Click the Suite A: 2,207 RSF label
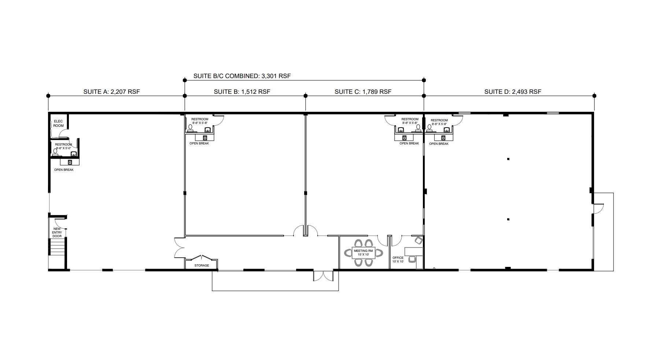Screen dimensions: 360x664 pos(111,92)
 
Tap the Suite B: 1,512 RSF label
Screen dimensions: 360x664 pos(242,92)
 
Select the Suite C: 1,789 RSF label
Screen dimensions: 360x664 pos(363,92)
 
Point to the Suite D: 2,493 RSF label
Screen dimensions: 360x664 pos(513,92)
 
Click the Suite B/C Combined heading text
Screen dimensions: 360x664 pos(242,76)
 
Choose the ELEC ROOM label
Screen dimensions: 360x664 pos(58,124)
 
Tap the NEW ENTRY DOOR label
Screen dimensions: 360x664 pos(57,232)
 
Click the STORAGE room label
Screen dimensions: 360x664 pos(202,265)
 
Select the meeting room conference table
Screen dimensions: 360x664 pos(363,253)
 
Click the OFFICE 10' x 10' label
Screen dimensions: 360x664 pos(398,260)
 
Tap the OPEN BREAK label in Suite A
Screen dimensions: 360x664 pos(64,170)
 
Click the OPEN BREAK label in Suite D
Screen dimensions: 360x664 pos(439,144)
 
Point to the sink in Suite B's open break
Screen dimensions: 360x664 pos(205,138)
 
